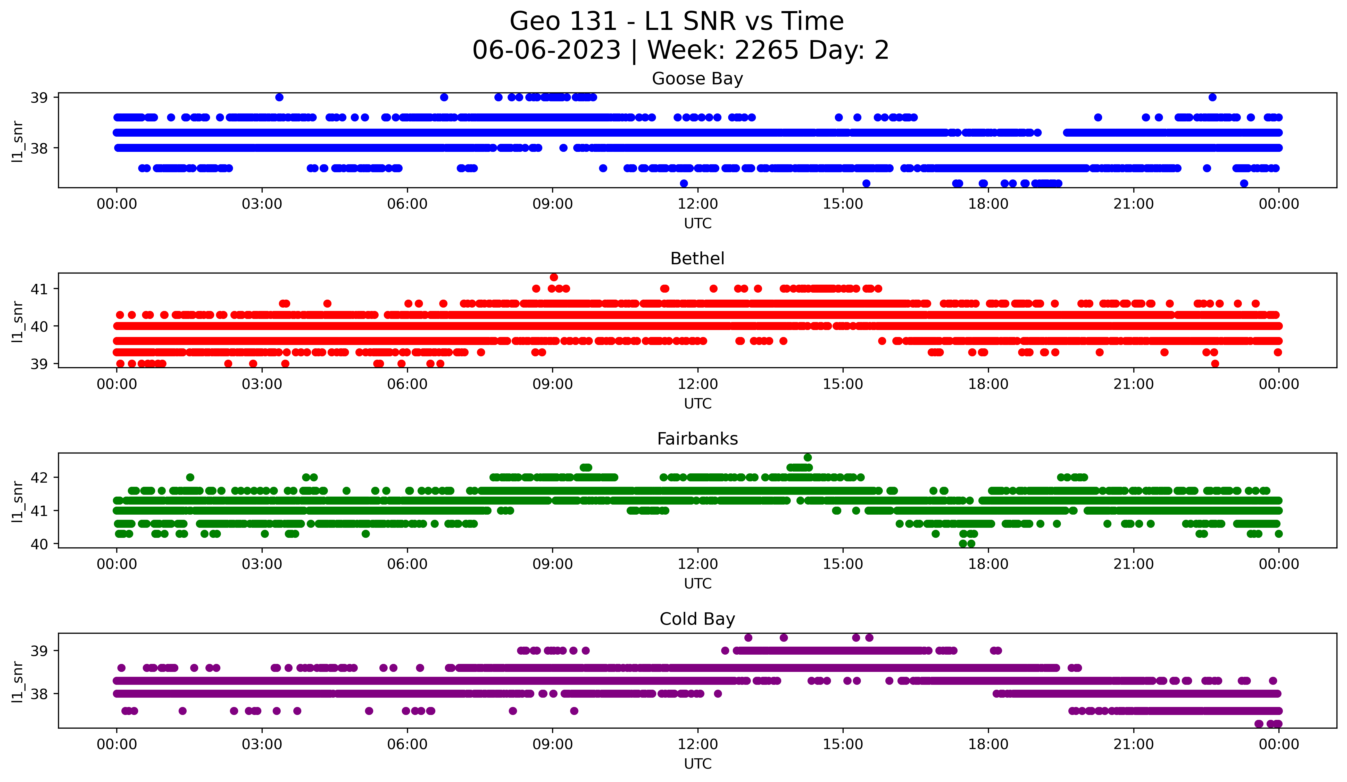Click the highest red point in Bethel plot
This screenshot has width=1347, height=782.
554,277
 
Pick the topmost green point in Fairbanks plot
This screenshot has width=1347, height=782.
808,458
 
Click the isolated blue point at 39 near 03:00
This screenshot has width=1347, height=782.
279,97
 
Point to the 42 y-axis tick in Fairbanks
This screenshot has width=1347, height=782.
39,477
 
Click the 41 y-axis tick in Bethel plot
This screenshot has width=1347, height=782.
39,289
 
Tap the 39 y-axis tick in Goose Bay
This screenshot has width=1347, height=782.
39,97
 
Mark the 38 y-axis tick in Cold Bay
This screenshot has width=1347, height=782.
39,694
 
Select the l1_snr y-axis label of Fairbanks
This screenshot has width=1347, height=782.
18,501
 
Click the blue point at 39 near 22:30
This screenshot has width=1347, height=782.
1212,97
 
